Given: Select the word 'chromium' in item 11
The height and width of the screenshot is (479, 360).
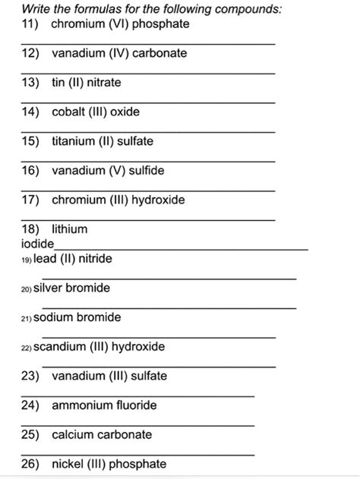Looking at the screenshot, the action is (x=77, y=24).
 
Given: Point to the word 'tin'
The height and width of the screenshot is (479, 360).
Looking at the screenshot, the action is (x=58, y=83).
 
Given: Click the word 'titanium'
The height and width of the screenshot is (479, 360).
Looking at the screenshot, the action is (x=74, y=141).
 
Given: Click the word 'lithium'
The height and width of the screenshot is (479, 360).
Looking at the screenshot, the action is (x=69, y=228).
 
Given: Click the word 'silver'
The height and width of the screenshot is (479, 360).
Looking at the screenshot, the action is (x=49, y=288).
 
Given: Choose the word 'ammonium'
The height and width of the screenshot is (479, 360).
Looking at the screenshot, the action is (x=81, y=405).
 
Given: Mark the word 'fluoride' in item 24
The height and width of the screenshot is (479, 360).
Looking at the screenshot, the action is (x=135, y=405).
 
